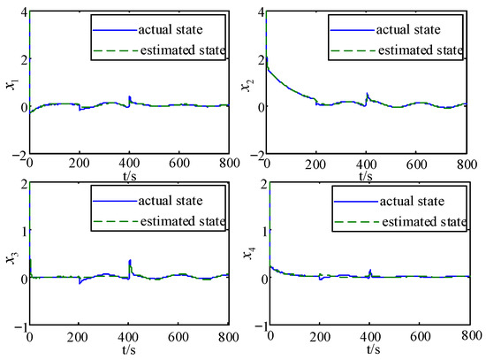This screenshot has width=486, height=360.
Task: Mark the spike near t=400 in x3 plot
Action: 130,262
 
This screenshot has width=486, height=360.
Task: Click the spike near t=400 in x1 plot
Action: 130,97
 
